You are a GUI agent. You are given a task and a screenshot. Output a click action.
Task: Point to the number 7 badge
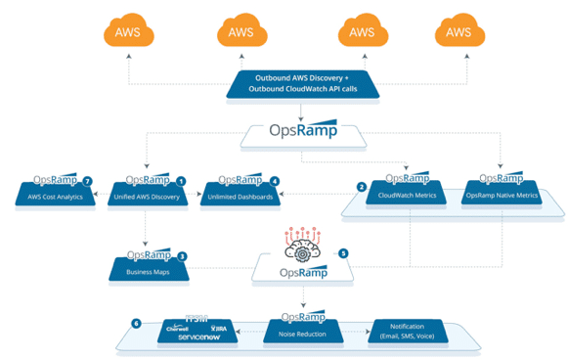(x=88, y=182)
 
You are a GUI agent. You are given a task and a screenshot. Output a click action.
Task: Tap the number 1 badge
(x=180, y=182)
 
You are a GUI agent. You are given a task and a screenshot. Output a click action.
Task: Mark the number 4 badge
(x=275, y=182)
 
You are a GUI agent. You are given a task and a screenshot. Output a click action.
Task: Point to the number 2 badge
(x=362, y=186)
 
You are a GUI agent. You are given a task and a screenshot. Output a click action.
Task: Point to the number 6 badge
(x=136, y=323)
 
